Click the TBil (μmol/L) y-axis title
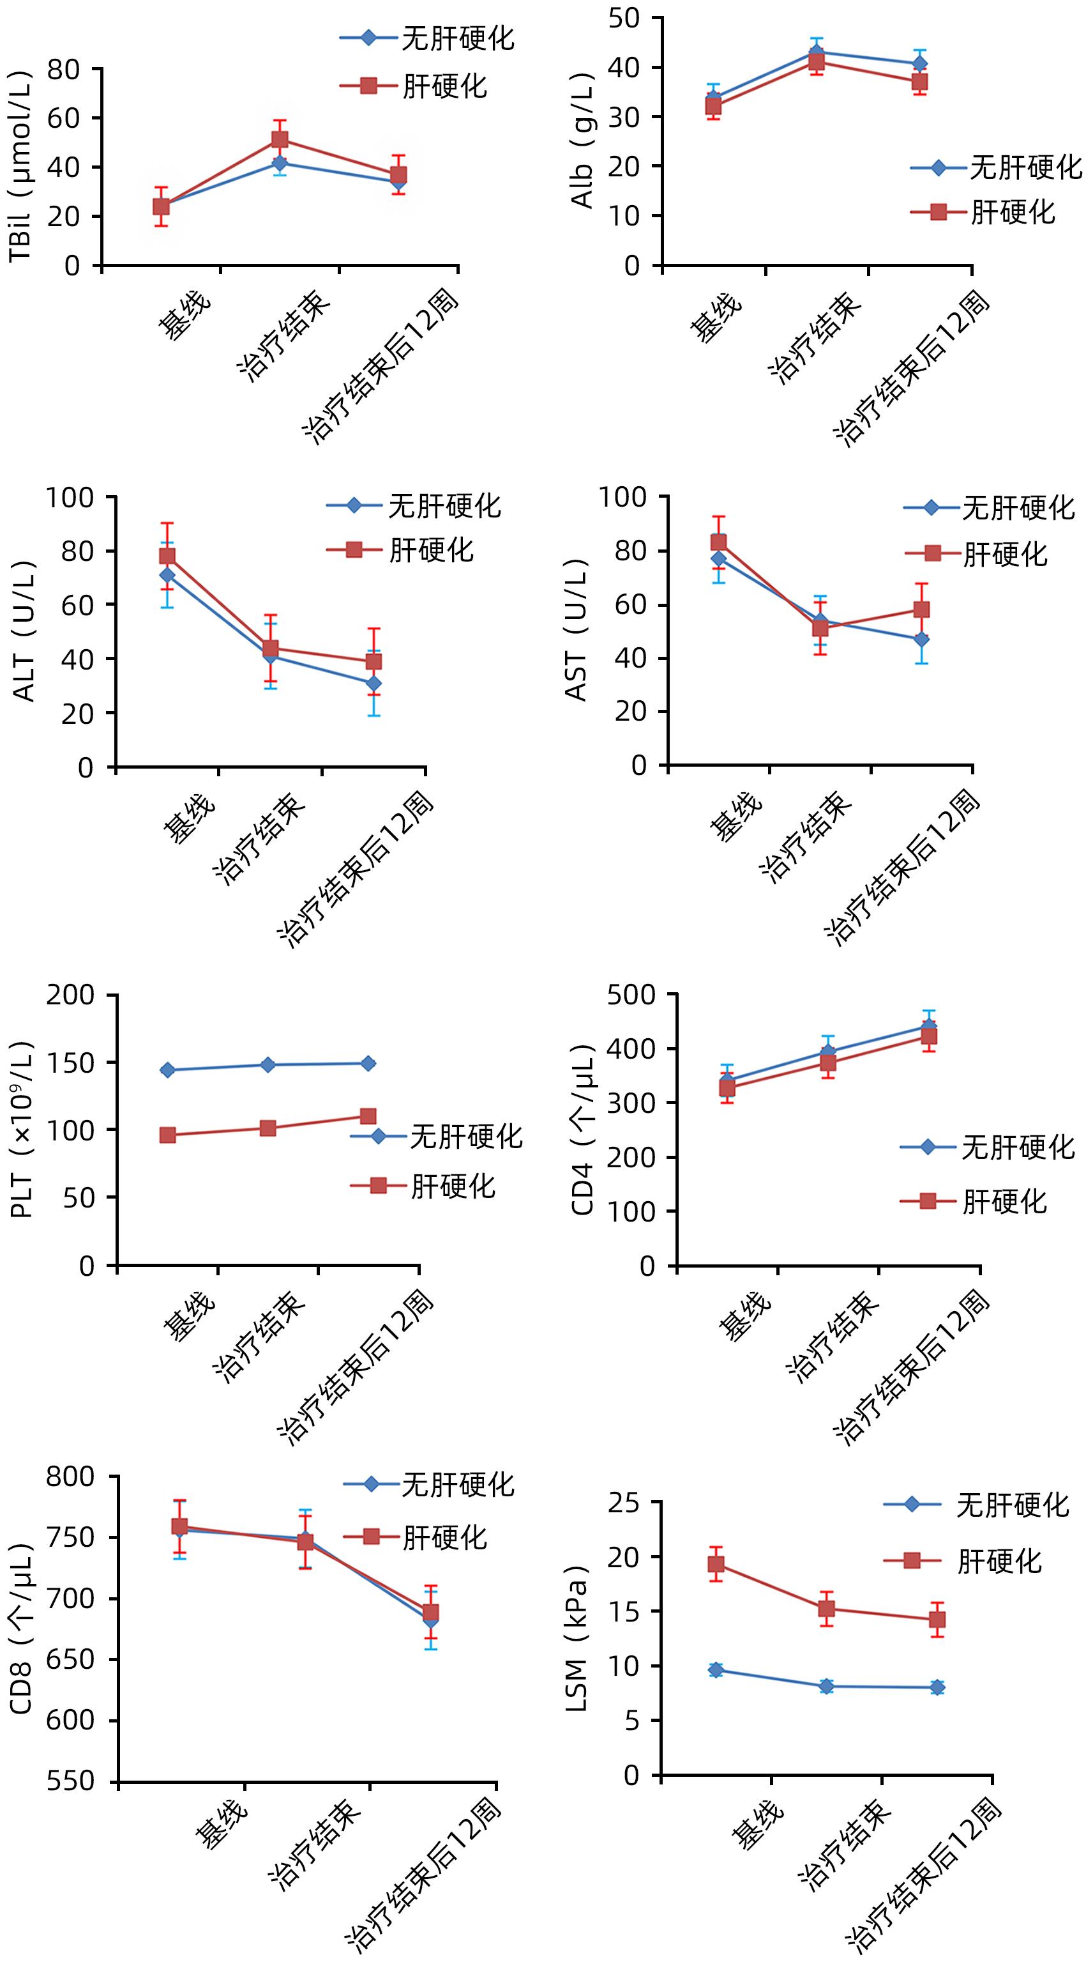point(20,167)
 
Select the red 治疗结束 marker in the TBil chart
point(280,139)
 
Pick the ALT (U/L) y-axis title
point(24,631)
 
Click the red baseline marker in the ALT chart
point(167,556)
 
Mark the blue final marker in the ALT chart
point(373,684)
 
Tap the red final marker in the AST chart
point(921,609)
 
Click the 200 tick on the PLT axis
point(71,995)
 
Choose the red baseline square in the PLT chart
point(168,1135)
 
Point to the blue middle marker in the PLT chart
point(268,1064)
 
